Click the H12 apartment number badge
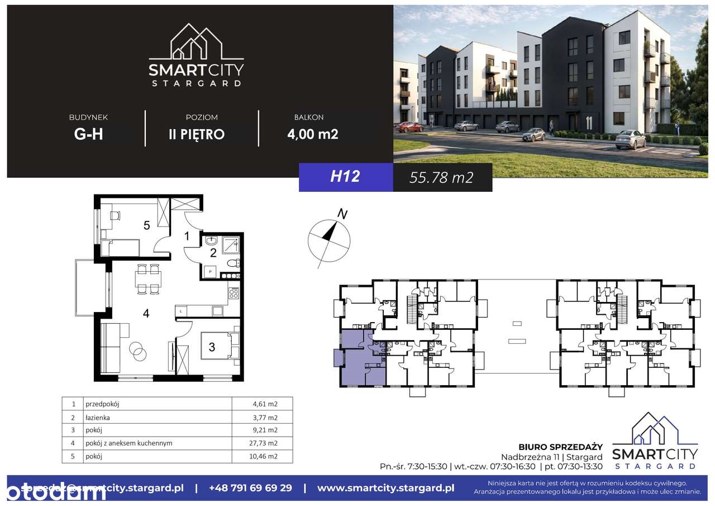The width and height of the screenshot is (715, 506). click(x=345, y=177)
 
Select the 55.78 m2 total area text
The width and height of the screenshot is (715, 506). click(x=441, y=178)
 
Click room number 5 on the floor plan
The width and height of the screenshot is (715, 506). click(x=146, y=225)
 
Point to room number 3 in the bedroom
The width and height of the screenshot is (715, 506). click(x=212, y=347)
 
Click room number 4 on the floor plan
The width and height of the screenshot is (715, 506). click(x=146, y=314)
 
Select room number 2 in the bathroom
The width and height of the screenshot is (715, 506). click(x=213, y=253)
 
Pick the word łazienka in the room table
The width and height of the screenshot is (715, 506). click(x=98, y=417)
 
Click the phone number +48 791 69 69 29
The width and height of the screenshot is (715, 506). click(x=250, y=488)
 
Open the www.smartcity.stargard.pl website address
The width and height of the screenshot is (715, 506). click(x=385, y=488)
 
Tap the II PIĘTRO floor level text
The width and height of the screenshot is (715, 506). click(x=197, y=134)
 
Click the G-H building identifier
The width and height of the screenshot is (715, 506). click(x=88, y=134)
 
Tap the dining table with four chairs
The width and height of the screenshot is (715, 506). click(x=148, y=278)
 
